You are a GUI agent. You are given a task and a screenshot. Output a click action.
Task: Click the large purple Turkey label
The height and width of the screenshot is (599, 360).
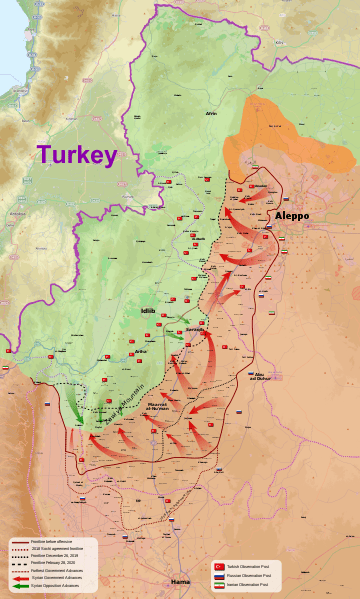tap(77, 155)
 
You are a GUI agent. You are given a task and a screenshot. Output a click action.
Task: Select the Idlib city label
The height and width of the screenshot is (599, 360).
tap(147, 312)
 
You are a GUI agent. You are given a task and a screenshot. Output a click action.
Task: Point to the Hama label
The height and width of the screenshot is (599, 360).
tap(180, 581)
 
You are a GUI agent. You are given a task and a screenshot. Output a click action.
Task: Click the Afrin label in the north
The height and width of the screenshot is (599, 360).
tap(211, 114)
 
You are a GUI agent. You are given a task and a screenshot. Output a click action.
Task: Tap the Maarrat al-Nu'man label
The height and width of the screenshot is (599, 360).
tap(163, 407)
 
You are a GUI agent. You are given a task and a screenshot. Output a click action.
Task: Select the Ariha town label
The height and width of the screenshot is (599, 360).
tap(140, 352)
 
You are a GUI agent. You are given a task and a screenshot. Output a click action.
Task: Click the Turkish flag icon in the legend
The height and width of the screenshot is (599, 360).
tap(219, 566)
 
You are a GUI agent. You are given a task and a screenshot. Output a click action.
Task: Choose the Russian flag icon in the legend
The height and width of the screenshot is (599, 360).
tap(219, 575)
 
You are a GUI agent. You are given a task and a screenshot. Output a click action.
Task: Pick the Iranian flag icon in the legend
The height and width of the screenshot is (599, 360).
tap(219, 584)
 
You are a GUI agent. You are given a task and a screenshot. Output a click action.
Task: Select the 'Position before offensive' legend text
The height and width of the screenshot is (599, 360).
tap(52, 541)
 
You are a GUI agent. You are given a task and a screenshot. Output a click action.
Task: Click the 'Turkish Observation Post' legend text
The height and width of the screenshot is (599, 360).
tap(249, 566)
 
